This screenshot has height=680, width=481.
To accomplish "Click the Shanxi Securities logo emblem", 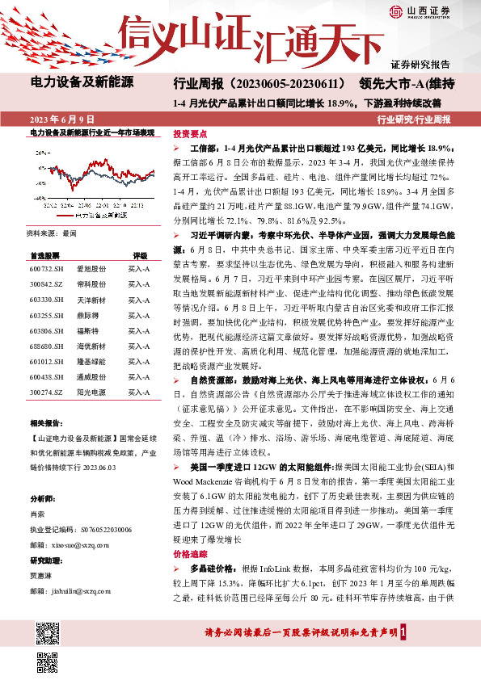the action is [x=397, y=11].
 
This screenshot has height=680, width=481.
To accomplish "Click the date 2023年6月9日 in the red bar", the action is [x=61, y=119].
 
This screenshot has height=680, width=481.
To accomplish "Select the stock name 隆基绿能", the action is [x=87, y=339].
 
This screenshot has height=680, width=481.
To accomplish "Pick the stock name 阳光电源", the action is [x=87, y=369].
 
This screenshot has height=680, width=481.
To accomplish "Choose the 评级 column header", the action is [x=140, y=254].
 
